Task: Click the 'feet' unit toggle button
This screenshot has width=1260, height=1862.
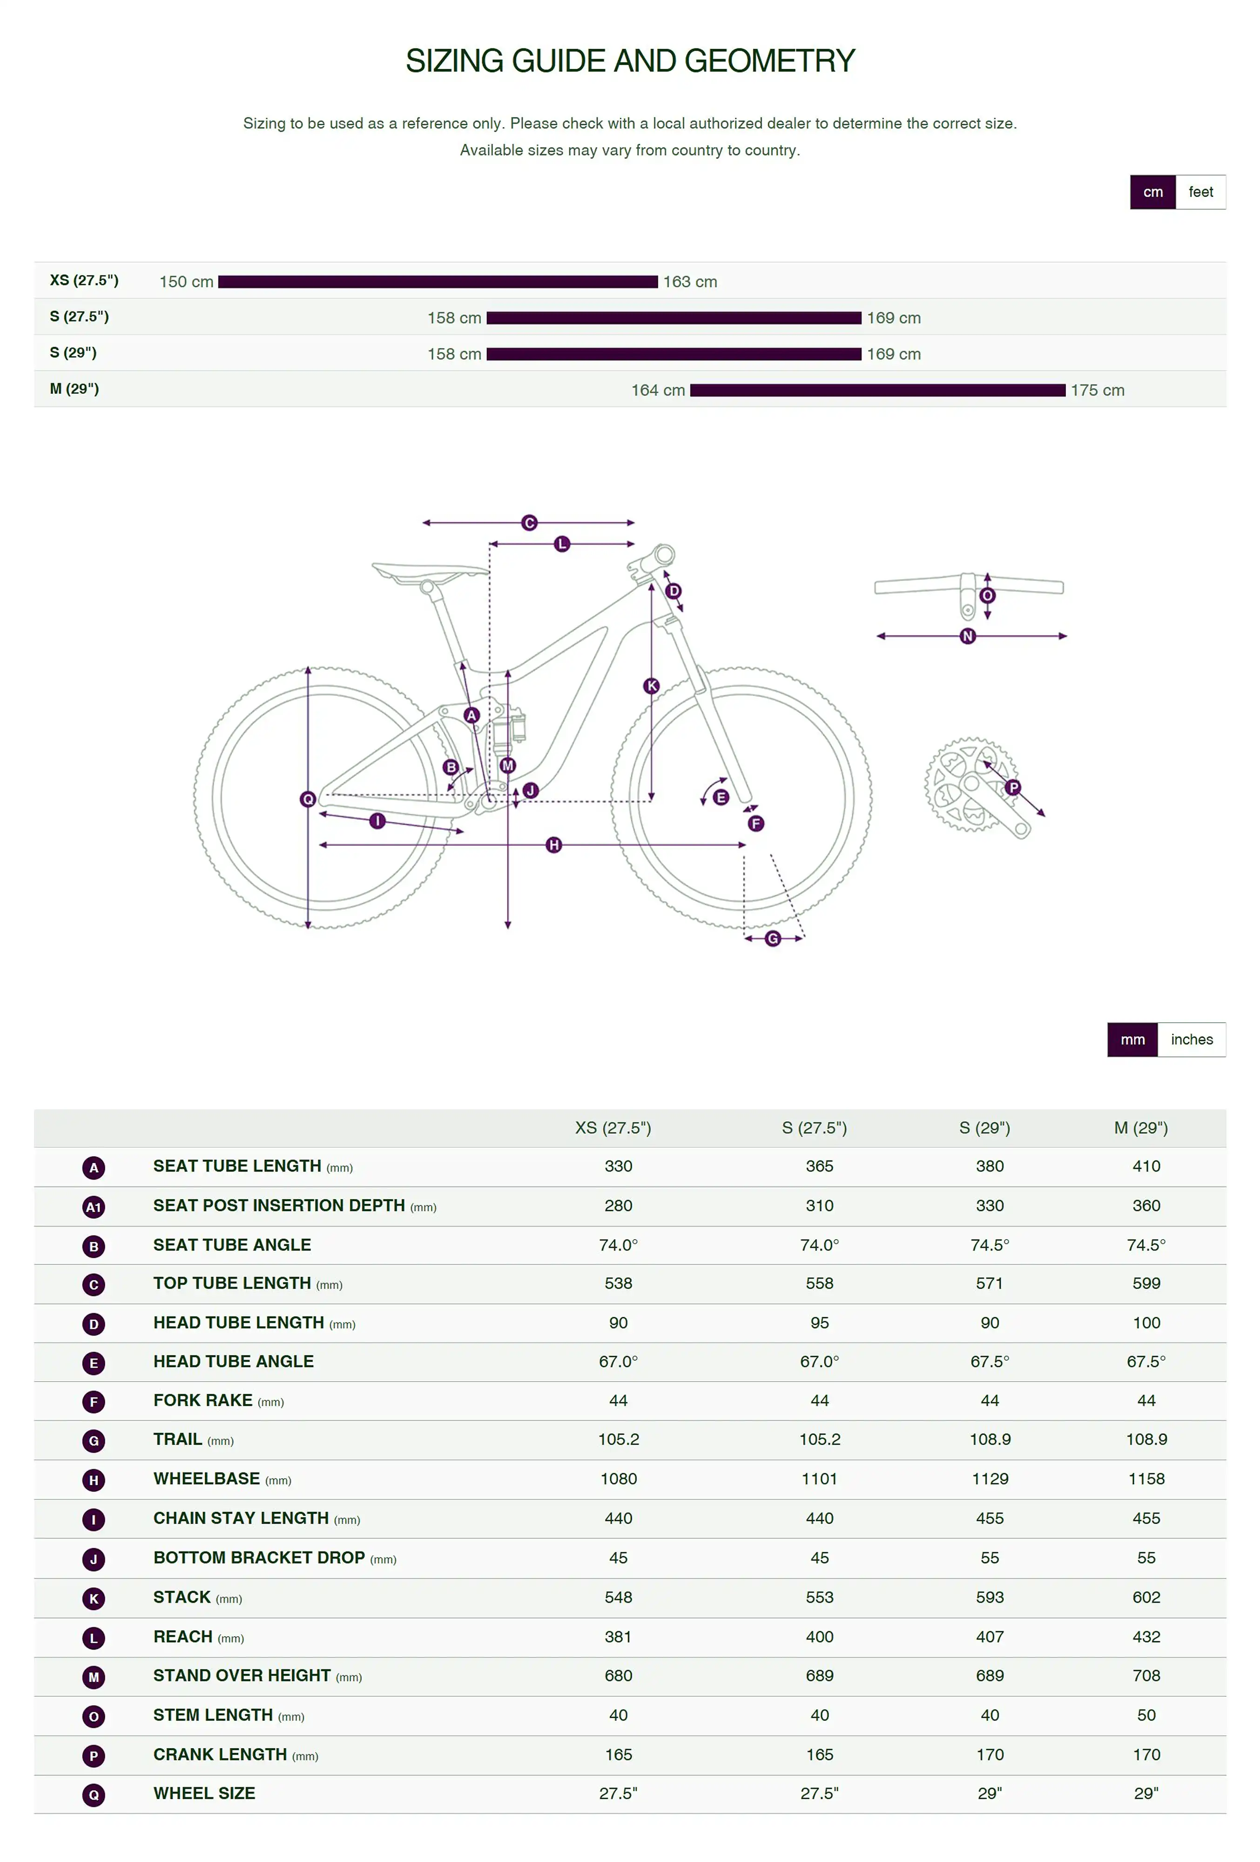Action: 1200,192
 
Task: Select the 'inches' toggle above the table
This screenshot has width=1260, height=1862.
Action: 1191,1040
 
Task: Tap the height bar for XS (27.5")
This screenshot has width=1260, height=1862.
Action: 438,282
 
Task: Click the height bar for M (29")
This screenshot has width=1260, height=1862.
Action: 877,390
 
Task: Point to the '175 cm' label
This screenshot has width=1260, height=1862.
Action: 1098,390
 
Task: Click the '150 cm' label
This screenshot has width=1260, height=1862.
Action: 186,282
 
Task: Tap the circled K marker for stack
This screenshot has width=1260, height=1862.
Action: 651,686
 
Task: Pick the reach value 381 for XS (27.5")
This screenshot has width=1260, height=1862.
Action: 618,1637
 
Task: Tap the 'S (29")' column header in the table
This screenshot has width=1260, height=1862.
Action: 984,1128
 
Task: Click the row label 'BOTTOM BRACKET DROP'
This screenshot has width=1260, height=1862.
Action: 259,1558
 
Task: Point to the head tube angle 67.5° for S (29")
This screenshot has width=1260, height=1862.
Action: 989,1361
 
